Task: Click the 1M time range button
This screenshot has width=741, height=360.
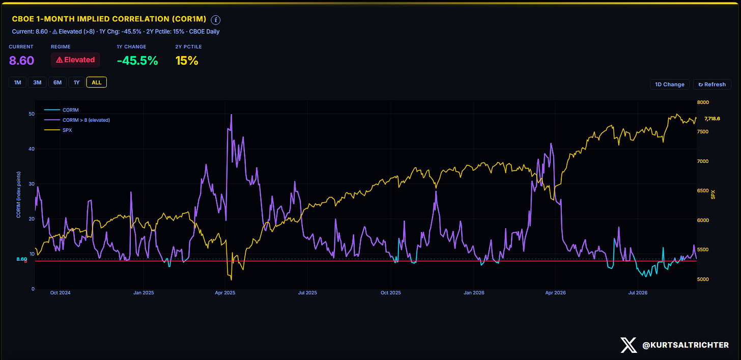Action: click(x=17, y=82)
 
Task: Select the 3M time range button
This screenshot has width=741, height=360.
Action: click(x=37, y=82)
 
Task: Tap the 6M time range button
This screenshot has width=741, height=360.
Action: click(x=58, y=82)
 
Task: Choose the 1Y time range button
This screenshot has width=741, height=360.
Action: click(x=76, y=82)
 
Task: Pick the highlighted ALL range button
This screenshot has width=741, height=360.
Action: click(x=96, y=82)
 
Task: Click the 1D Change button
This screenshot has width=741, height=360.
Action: click(x=670, y=85)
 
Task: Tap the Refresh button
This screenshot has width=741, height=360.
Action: click(x=712, y=85)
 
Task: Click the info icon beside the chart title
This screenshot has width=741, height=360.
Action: click(x=216, y=20)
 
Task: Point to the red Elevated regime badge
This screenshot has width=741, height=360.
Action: click(x=75, y=60)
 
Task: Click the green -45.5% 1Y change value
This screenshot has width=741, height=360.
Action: click(x=137, y=61)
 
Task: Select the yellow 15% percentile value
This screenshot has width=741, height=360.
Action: click(x=187, y=61)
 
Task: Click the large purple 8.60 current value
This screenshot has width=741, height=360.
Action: click(x=21, y=61)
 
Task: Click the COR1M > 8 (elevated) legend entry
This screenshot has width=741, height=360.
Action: click(x=77, y=120)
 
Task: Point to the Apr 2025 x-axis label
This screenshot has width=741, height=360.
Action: click(x=225, y=293)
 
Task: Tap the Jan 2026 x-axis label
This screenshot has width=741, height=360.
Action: click(x=474, y=293)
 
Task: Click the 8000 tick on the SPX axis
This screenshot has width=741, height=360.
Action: click(x=703, y=102)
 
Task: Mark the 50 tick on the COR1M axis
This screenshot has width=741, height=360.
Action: click(x=32, y=114)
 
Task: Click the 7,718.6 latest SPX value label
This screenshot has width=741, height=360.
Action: click(x=712, y=119)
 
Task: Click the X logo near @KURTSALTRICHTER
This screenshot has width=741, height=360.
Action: click(x=629, y=345)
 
